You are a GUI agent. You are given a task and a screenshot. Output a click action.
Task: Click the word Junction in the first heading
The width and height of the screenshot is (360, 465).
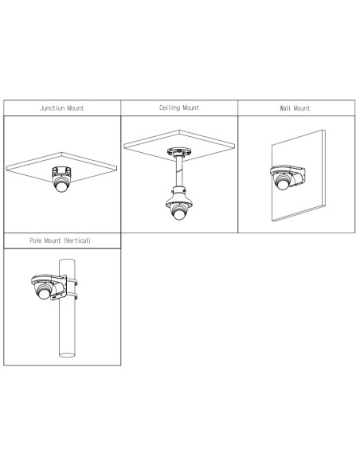pos(50,107)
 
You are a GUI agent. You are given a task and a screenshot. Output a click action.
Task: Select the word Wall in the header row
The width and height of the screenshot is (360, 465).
pos(285,107)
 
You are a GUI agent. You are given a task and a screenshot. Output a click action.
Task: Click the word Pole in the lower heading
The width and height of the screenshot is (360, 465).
pos(36,238)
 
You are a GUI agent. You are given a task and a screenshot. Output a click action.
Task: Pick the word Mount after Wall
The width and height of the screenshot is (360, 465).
pos(303,107)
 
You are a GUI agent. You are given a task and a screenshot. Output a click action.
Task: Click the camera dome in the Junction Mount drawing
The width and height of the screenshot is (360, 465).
pos(61,187)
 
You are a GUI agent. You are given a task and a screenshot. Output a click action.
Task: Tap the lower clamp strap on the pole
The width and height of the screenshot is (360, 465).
pos(73,297)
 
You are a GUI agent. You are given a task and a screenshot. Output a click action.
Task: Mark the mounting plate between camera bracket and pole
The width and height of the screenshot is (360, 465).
pos(60,287)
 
